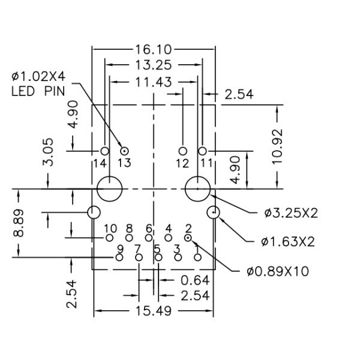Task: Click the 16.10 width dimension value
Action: coord(154,50)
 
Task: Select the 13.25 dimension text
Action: coord(154,65)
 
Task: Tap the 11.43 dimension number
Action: coord(154,82)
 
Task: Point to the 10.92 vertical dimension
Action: coord(277,146)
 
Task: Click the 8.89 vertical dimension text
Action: coord(19,223)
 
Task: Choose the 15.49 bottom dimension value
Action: coord(154,311)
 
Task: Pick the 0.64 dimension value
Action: coord(195,280)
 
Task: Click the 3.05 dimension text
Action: coord(48,152)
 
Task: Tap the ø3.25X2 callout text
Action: coord(291,213)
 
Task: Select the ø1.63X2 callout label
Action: coord(287,242)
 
